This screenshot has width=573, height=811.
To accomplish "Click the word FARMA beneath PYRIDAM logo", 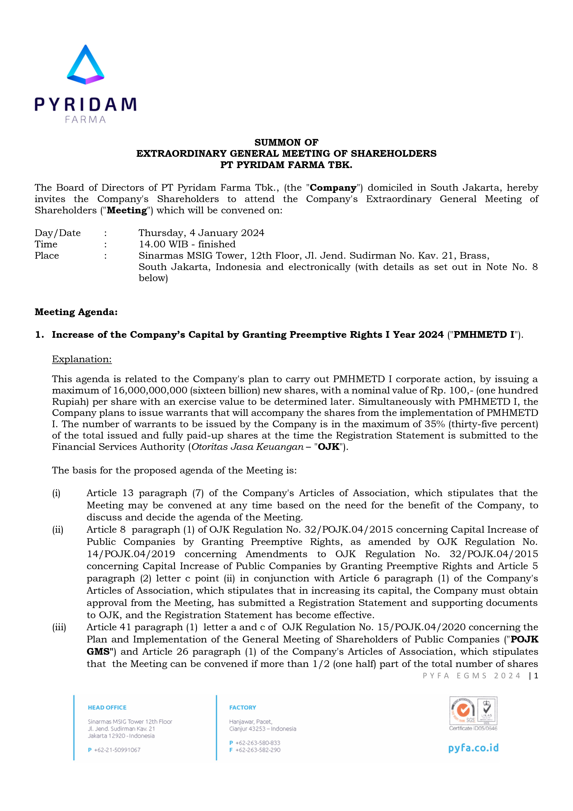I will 85,120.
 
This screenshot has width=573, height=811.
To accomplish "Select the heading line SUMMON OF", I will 286,142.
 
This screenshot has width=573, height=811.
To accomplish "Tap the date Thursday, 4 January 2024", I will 201,233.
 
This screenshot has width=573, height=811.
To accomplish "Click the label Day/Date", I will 58,233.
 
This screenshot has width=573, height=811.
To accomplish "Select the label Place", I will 47,255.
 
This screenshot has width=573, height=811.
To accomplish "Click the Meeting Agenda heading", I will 76,312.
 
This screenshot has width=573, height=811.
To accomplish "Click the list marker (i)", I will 56,493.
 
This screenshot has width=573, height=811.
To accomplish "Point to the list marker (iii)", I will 59,627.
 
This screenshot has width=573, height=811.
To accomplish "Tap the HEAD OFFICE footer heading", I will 107,707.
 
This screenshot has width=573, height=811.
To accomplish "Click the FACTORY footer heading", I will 243,707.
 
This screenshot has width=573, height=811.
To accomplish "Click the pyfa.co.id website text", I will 473,748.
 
